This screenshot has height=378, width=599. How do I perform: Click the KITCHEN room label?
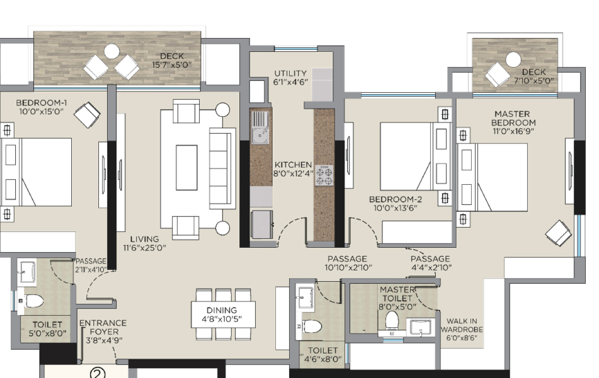point(293,165)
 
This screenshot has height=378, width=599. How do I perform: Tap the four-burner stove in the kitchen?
point(324,175)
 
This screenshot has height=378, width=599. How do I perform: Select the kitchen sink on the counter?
point(260,127)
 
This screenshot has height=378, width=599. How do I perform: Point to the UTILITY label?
point(291,73)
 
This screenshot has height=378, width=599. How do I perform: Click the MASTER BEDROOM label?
point(513,118)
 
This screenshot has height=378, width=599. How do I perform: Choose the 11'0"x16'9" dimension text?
point(513,131)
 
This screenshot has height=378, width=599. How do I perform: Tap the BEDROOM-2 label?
point(396,199)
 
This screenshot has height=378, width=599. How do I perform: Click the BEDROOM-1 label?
point(42,102)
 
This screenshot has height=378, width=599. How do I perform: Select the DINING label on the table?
point(221,310)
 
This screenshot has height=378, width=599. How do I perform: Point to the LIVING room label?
point(145,240)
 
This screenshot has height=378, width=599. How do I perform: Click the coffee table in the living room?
point(187,168)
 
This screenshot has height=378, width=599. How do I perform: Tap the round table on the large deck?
point(112,52)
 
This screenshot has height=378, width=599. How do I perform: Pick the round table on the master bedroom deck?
point(513,60)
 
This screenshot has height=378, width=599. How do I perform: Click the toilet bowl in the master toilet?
point(392,320)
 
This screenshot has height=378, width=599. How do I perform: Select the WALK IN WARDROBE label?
point(461,325)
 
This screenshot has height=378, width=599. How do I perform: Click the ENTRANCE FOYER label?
point(103,327)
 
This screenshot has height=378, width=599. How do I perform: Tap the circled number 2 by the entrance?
point(98,373)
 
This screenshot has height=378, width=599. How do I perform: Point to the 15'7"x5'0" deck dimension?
point(172,64)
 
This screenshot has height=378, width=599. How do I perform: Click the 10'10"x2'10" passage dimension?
point(349,267)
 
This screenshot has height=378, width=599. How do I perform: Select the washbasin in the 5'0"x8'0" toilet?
point(27,272)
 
